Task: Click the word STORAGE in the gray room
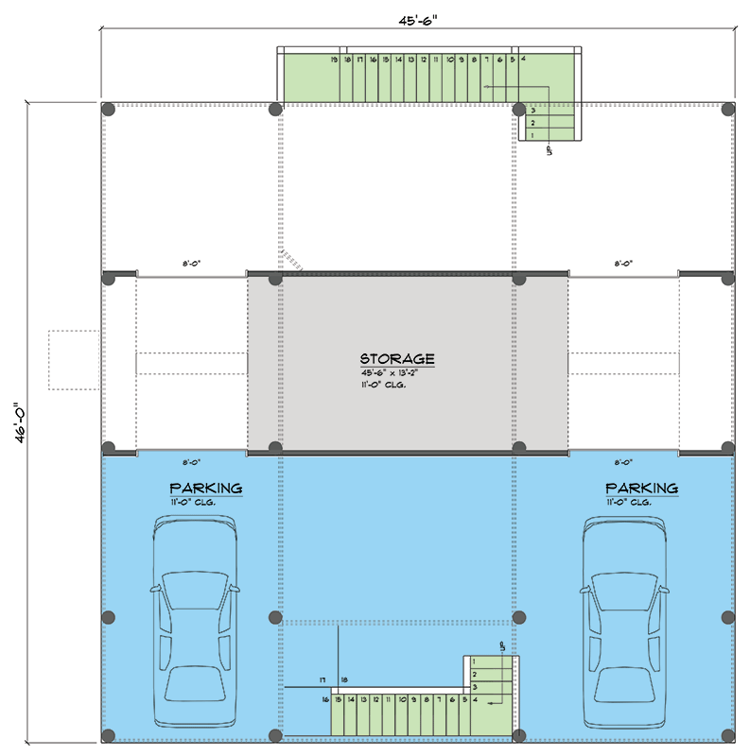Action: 396,359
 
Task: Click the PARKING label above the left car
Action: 206,489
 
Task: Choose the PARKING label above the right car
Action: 641,489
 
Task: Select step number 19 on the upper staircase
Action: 336,60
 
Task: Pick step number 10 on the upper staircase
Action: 448,60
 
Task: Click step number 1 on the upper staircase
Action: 532,135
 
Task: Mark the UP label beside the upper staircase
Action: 549,149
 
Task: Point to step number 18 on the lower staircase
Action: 344,679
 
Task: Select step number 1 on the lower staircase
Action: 473,662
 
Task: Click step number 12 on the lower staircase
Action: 375,699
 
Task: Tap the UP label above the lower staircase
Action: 501,644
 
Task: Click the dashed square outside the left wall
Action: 74,360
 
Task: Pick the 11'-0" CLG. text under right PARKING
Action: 629,502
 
